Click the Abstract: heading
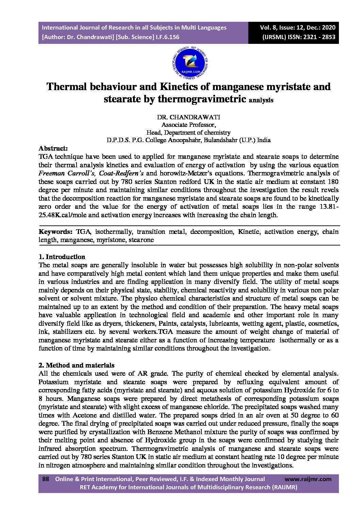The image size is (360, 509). pos(53,148)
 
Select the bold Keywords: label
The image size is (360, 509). pos(55,232)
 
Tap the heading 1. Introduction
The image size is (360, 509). pos(62,257)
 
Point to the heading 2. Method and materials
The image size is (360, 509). pos(76,365)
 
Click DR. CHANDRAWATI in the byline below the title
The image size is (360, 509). pos(188,117)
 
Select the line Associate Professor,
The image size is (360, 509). pos(188,125)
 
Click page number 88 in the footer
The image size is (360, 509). pos(46,479)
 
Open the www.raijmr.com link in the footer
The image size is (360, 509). pos(308,479)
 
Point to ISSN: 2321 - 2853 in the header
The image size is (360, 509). pos(312,37)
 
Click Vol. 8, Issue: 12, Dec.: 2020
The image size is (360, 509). pos(298,28)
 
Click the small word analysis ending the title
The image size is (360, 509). pos(261,100)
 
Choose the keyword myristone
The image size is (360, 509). pos(109,240)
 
